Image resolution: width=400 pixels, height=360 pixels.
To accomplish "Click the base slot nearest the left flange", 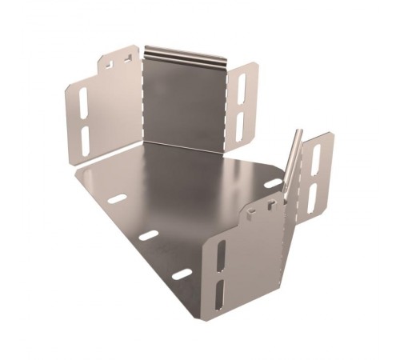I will point(118,198).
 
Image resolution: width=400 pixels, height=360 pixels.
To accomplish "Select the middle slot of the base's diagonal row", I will point(150,235).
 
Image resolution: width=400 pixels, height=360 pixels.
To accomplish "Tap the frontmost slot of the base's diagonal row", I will point(182,274).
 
